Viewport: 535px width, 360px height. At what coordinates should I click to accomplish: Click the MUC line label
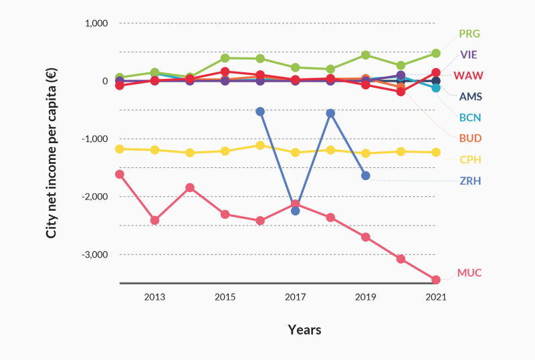pyautogui.click(x=469, y=273)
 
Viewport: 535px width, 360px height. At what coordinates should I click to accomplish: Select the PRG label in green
pyautogui.click(x=469, y=33)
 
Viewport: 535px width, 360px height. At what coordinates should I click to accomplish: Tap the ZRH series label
pyautogui.click(x=469, y=181)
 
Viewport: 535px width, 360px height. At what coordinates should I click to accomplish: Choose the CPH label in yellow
pyautogui.click(x=469, y=160)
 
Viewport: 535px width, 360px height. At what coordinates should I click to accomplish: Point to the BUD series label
pyautogui.click(x=469, y=139)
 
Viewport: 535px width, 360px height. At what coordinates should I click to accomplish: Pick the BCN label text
pyautogui.click(x=469, y=118)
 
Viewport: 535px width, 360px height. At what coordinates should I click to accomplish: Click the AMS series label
pyautogui.click(x=469, y=96)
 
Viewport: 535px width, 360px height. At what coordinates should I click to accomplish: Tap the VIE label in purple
pyautogui.click(x=469, y=54)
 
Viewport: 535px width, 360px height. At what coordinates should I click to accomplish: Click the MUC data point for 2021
pyautogui.click(x=435, y=280)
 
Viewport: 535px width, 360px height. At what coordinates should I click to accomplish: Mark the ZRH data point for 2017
pyautogui.click(x=295, y=211)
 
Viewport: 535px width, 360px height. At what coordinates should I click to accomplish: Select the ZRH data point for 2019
pyautogui.click(x=365, y=175)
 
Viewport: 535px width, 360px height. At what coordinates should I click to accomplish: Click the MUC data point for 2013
pyautogui.click(x=154, y=220)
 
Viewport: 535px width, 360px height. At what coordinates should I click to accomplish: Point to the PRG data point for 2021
pyautogui.click(x=435, y=53)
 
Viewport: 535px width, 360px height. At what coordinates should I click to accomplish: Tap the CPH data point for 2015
pyautogui.click(x=225, y=151)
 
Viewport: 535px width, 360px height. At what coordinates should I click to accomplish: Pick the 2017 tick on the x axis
pyautogui.click(x=295, y=296)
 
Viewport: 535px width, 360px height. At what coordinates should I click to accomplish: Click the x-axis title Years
pyautogui.click(x=304, y=330)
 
